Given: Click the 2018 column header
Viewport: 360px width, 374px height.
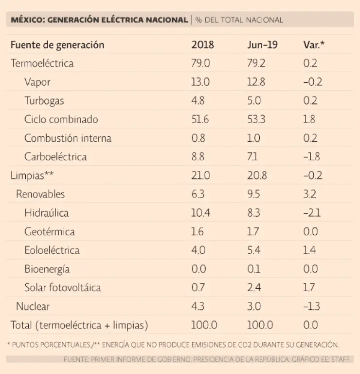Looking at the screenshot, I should pyautogui.click(x=202, y=45).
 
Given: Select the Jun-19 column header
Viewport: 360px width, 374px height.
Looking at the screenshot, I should pyautogui.click(x=262, y=45).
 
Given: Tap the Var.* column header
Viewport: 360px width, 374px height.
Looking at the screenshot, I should pyautogui.click(x=314, y=45).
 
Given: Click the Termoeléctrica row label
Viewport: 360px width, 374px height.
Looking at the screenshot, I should pyautogui.click(x=42, y=63).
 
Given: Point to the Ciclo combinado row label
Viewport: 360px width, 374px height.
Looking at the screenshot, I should pyautogui.click(x=61, y=119).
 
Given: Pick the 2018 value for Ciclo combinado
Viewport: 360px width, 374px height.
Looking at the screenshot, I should pyautogui.click(x=200, y=119).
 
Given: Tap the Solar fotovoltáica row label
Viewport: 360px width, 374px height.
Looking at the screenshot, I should pyautogui.click(x=63, y=287).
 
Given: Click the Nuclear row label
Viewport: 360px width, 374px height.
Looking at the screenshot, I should pyautogui.click(x=33, y=306).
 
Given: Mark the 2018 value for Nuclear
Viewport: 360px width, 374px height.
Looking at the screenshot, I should pyautogui.click(x=198, y=306).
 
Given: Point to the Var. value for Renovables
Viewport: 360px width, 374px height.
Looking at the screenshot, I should pyautogui.click(x=310, y=194).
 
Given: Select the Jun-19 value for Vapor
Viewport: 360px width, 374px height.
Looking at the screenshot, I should pyautogui.click(x=256, y=82).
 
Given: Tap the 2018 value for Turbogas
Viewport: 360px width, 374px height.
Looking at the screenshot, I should pyautogui.click(x=198, y=101).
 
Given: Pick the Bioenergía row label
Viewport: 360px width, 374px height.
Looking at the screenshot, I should pyautogui.click(x=47, y=269).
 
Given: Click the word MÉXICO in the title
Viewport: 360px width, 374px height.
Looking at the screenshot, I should pyautogui.click(x=27, y=20).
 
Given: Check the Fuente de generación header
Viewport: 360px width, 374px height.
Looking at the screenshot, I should pyautogui.click(x=57, y=45).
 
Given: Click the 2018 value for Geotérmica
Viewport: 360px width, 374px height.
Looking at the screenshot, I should pyautogui.click(x=198, y=232).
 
